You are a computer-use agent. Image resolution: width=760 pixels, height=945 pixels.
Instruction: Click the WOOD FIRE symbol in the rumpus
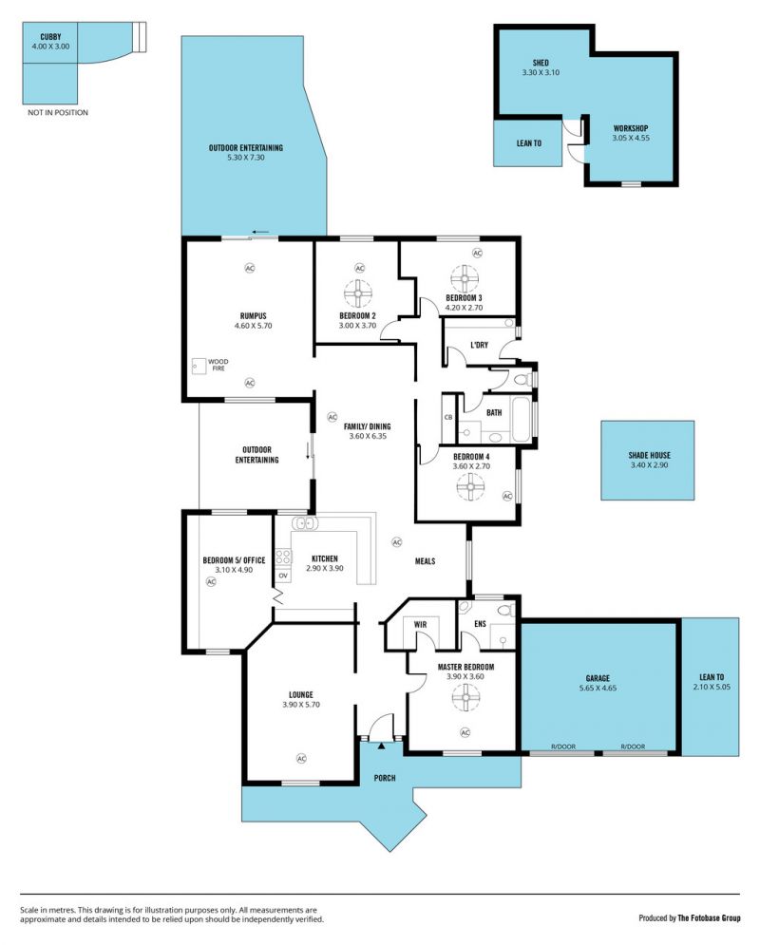(x=199, y=366)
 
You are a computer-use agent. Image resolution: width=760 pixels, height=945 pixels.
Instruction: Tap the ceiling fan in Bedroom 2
(x=358, y=293)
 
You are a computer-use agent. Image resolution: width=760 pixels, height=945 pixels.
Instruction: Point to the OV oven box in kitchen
(x=283, y=576)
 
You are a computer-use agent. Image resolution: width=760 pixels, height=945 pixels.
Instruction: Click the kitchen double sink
(x=304, y=522)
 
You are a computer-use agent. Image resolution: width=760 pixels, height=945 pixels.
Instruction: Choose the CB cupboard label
(x=448, y=417)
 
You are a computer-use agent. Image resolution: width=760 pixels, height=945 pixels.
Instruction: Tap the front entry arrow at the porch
(x=382, y=747)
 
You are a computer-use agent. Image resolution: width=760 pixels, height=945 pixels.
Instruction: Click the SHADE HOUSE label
(x=649, y=455)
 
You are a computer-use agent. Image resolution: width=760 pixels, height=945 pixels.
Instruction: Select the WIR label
(x=420, y=624)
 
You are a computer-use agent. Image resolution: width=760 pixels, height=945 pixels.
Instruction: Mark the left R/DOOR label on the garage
(x=563, y=747)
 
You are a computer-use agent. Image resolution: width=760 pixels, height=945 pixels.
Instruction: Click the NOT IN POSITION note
(x=58, y=113)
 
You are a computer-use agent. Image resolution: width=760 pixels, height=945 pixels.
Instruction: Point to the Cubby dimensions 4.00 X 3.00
(x=50, y=46)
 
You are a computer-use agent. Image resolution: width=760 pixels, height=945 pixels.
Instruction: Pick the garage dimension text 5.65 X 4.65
(x=598, y=688)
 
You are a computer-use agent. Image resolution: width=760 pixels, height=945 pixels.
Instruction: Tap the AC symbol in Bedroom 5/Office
(x=211, y=581)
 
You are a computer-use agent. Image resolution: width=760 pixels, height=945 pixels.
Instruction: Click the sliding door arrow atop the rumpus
(x=260, y=232)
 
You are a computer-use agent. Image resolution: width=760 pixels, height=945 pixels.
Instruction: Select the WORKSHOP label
(x=631, y=128)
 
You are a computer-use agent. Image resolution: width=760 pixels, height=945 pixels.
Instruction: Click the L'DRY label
(x=479, y=345)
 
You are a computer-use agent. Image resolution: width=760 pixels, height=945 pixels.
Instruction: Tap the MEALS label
(x=425, y=561)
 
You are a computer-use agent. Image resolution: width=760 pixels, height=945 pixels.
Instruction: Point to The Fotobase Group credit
(x=709, y=917)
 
